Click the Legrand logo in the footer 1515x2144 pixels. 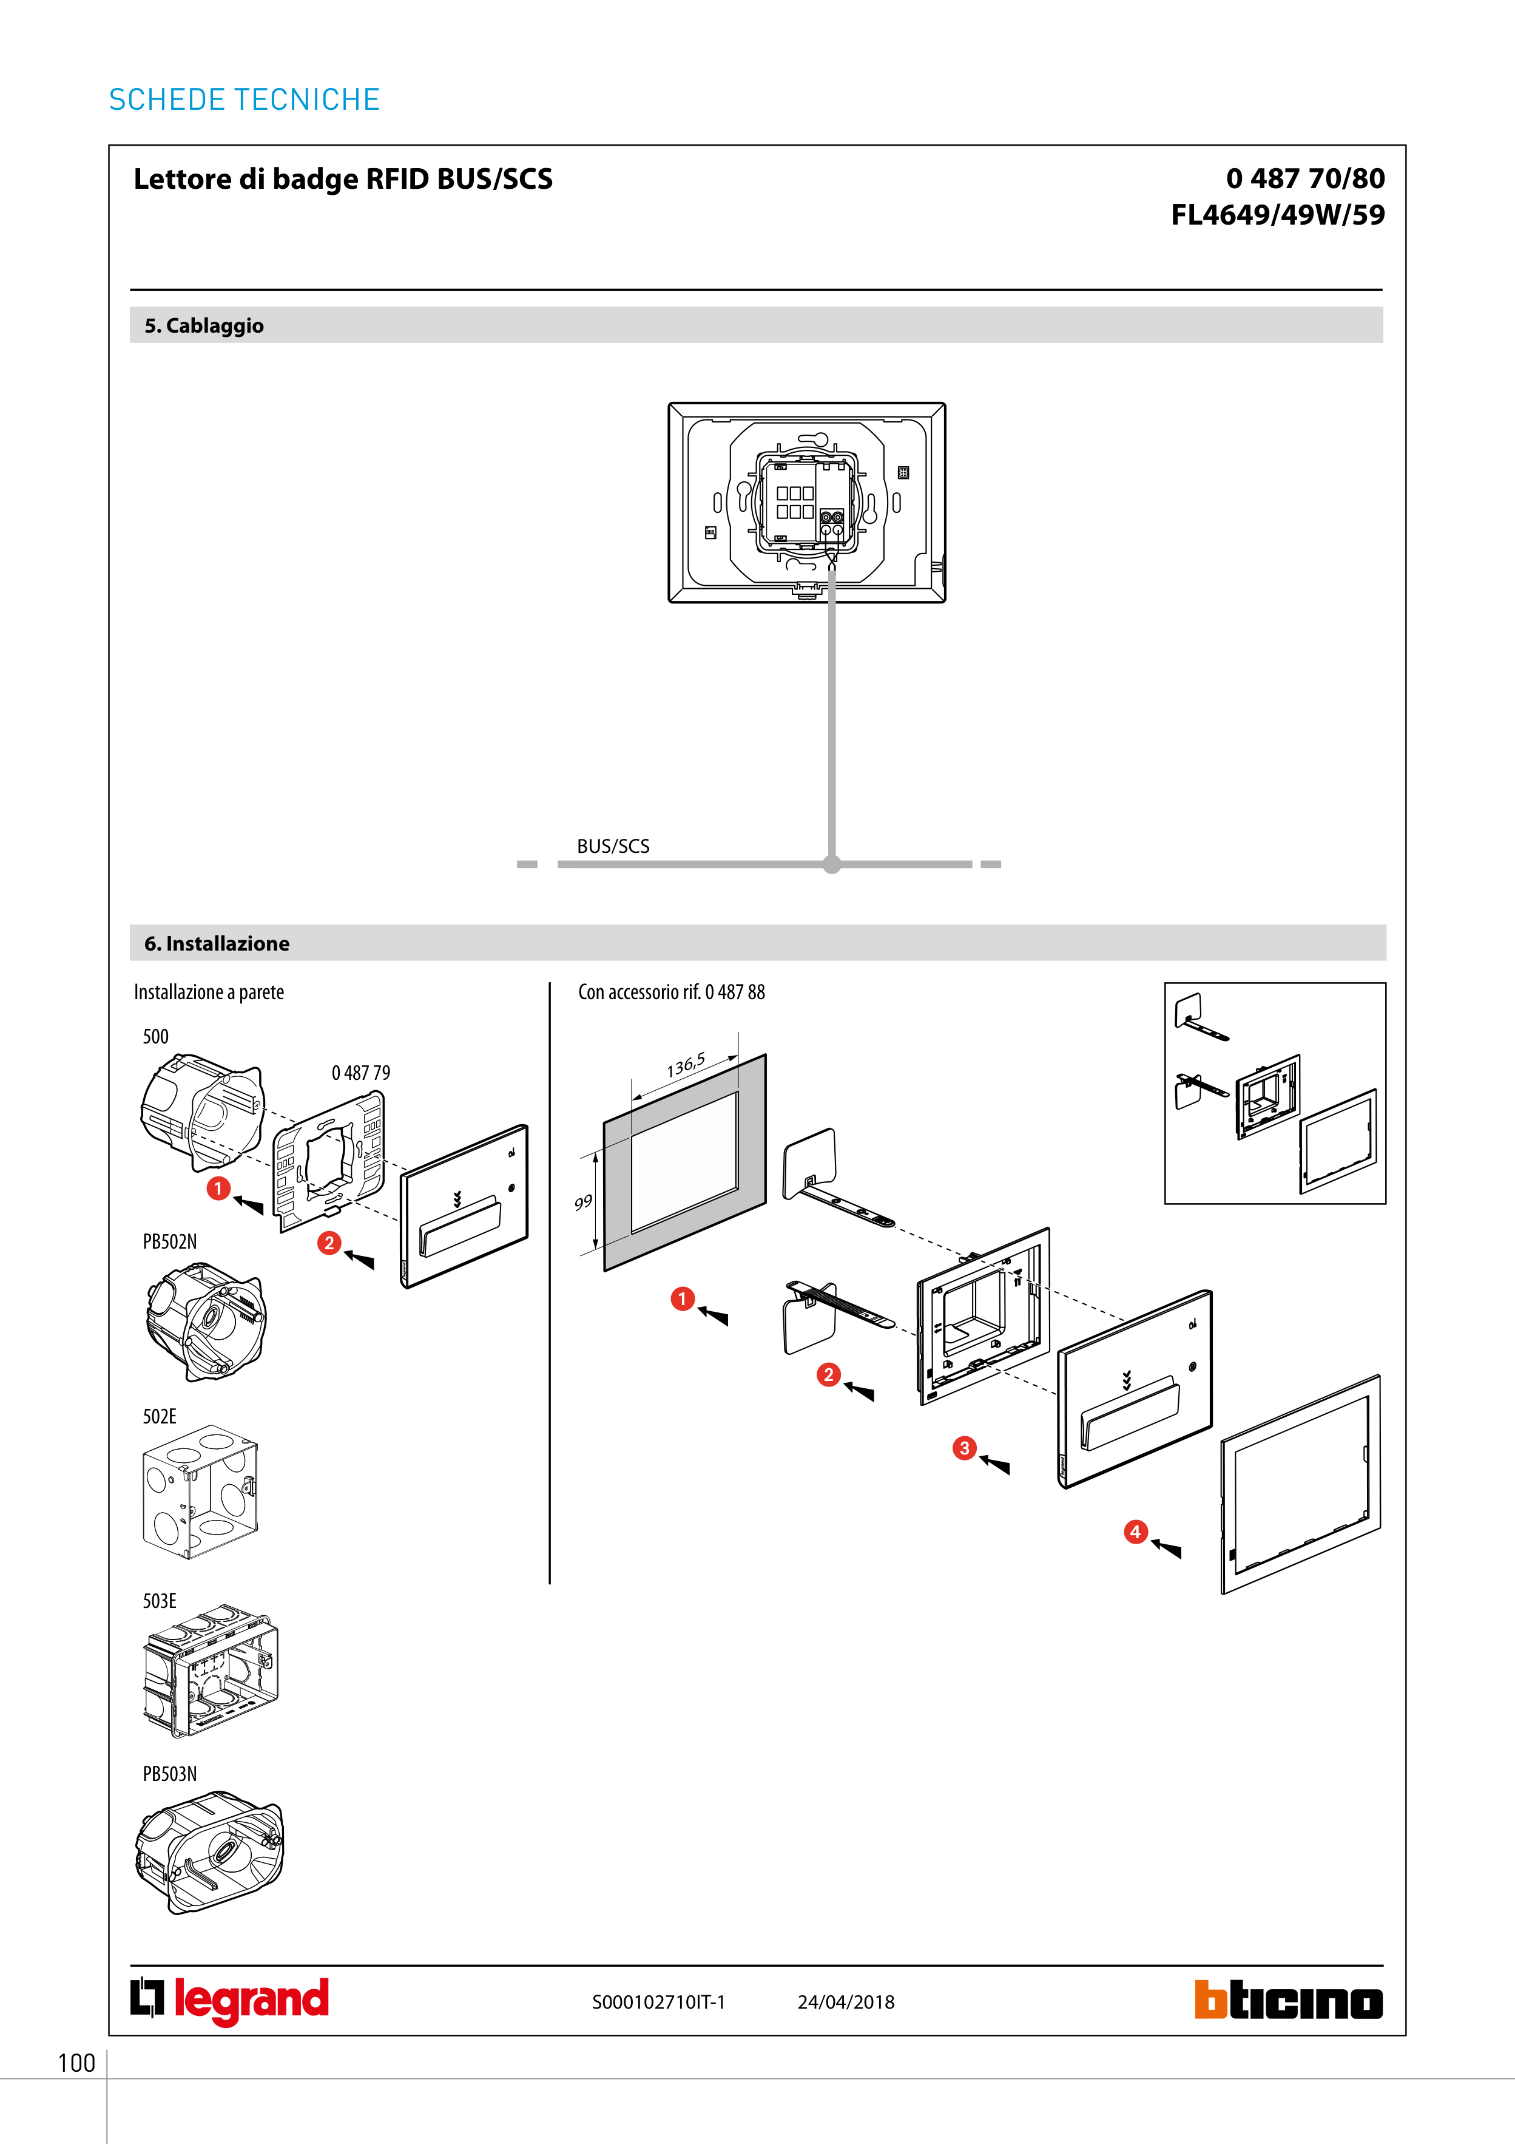click(229, 2000)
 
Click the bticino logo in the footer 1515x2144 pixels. click(1287, 2000)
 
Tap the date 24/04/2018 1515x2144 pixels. click(846, 2002)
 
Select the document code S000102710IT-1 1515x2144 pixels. click(658, 2002)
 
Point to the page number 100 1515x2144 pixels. click(76, 2063)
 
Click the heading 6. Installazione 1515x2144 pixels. click(217, 943)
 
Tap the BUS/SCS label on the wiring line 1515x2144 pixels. click(613, 846)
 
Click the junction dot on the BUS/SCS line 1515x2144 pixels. click(832, 864)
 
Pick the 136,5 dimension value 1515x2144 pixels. click(686, 1065)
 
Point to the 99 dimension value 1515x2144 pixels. click(584, 1203)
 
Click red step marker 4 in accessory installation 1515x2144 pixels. click(1135, 1532)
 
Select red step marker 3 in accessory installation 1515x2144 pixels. click(964, 1448)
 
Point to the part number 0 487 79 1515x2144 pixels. click(361, 1073)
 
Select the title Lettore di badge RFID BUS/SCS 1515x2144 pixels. click(343, 178)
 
